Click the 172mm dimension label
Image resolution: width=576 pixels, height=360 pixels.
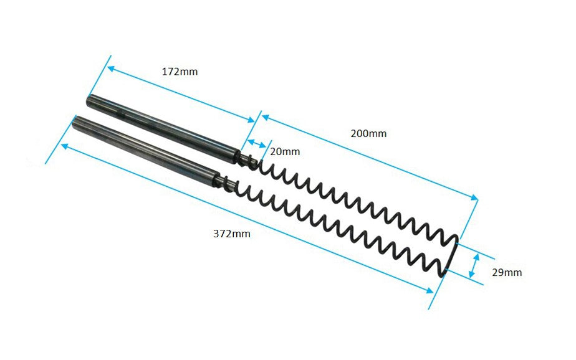click(180, 72)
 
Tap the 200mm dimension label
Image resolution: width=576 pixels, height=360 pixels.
click(368, 133)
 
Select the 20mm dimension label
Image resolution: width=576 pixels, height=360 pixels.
click(285, 151)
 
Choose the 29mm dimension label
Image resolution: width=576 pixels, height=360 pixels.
click(507, 272)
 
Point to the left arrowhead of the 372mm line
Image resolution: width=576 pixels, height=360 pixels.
click(64, 145)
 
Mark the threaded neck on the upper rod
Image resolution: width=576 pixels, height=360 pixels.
click(247, 159)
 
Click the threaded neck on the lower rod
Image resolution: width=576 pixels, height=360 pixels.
click(228, 182)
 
